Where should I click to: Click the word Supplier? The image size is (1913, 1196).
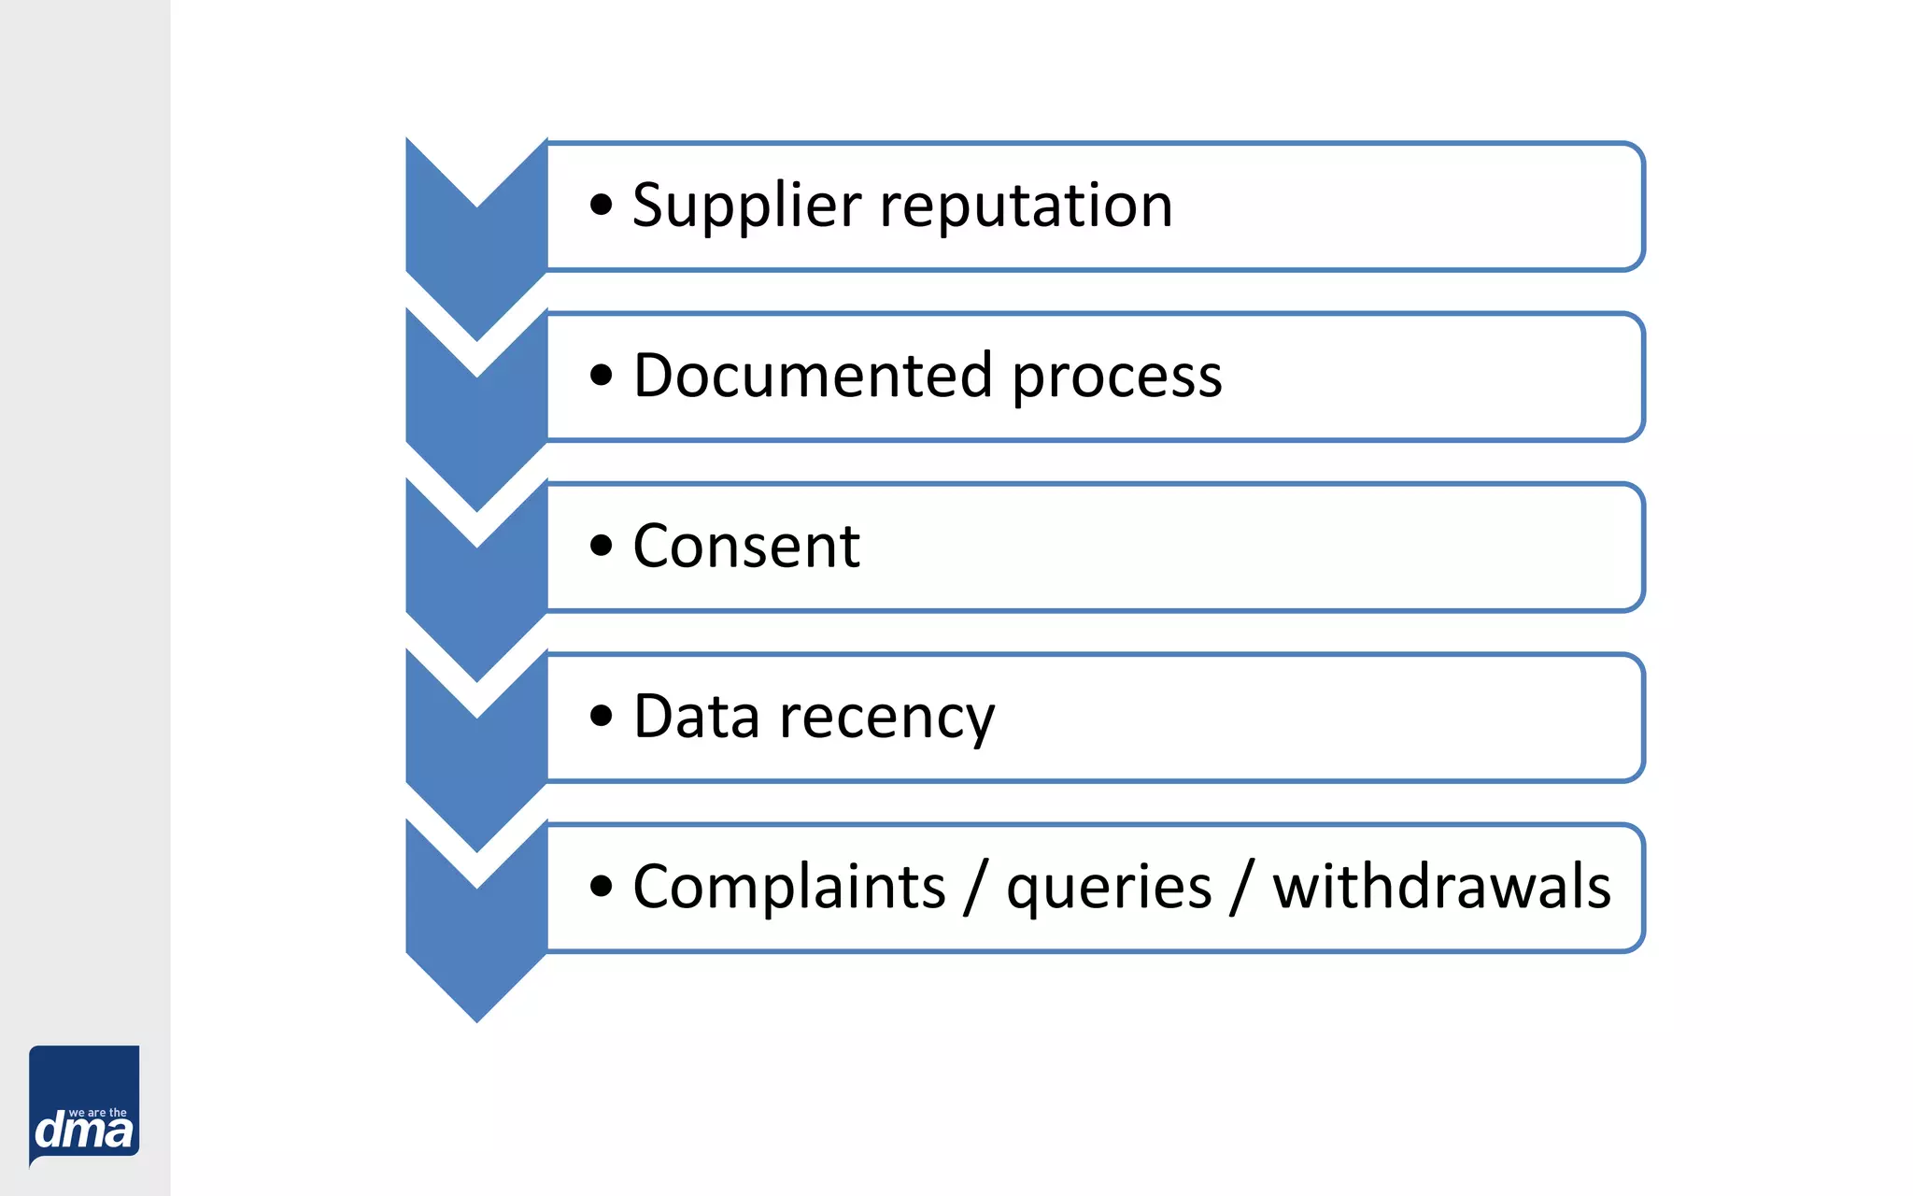click(x=745, y=206)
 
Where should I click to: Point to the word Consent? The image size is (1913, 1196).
click(x=745, y=547)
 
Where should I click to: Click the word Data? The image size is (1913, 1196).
click(x=696, y=717)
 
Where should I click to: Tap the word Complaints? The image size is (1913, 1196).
click(x=789, y=888)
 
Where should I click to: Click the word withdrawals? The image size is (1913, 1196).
click(x=1441, y=886)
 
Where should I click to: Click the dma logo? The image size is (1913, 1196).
click(x=84, y=1106)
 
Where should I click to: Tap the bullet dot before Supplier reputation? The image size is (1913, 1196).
click(x=602, y=206)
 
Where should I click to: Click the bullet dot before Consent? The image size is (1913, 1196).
click(x=602, y=546)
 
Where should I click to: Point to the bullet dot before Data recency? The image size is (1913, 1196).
click(x=602, y=717)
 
